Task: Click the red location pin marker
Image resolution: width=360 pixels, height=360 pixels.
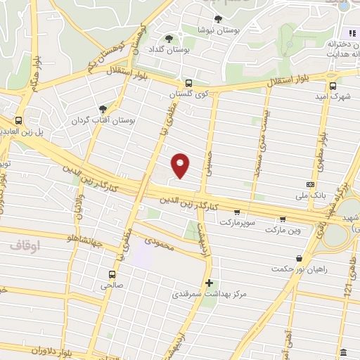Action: pyautogui.click(x=181, y=165)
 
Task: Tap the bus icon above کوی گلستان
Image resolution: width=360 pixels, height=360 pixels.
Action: pyautogui.click(x=188, y=82)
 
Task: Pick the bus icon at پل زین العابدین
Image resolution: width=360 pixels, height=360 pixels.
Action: pyautogui.click(x=18, y=120)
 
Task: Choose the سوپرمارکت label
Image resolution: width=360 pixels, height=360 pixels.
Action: pyautogui.click(x=240, y=221)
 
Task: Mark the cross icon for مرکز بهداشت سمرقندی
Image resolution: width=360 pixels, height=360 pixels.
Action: pyautogui.click(x=209, y=283)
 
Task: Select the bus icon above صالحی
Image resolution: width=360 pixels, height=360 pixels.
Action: pyautogui.click(x=111, y=274)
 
